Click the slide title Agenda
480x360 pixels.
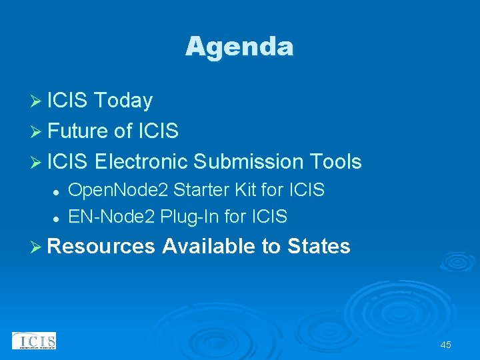coord(239,47)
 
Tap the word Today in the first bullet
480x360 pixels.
coord(123,101)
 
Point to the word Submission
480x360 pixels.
coord(247,162)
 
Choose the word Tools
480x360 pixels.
coord(335,162)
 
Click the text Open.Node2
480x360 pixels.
coord(119,191)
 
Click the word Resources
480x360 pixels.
coord(101,247)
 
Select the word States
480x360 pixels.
coord(319,247)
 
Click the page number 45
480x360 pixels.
coord(445,345)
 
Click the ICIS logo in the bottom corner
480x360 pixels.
coord(34,341)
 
